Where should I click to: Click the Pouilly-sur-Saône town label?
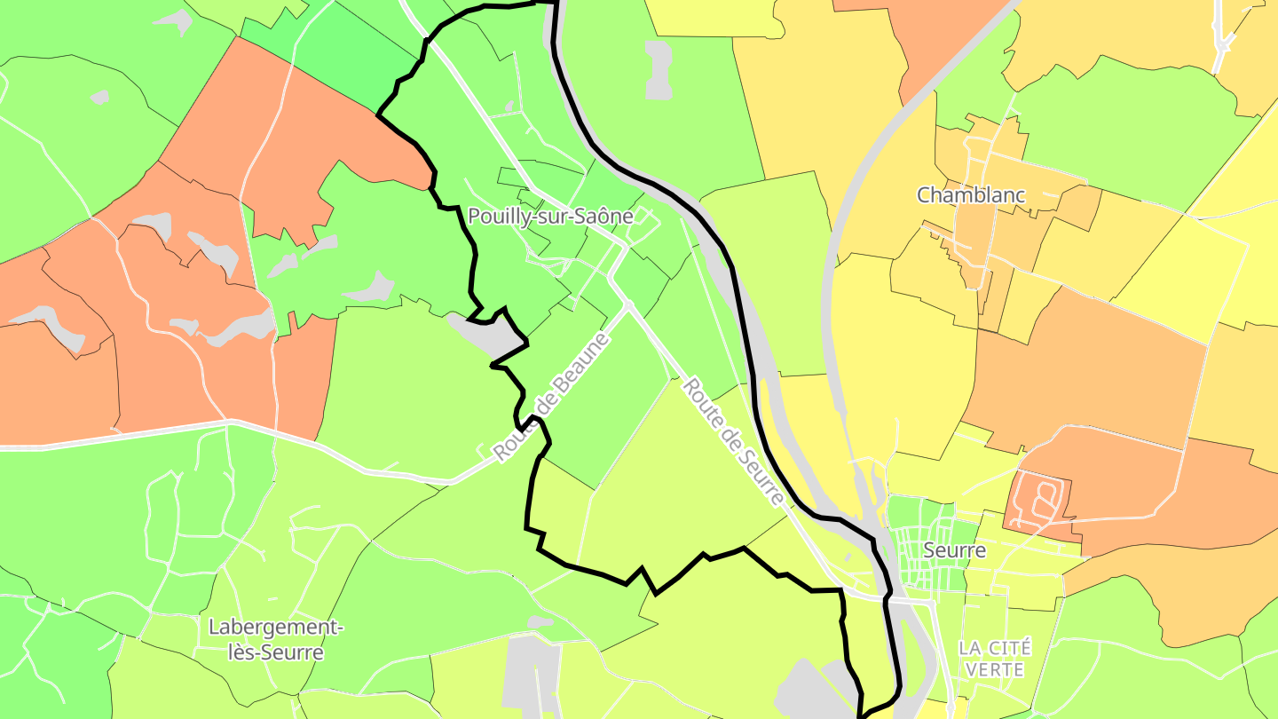click(550, 216)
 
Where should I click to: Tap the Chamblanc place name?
click(971, 195)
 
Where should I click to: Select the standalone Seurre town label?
click(954, 550)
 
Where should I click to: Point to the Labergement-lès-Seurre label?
click(275, 640)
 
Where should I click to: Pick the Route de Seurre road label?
click(734, 442)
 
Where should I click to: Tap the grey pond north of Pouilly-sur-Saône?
click(659, 69)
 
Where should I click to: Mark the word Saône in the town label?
click(608, 216)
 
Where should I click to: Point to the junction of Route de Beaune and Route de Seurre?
click(628, 305)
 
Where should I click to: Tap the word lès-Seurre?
click(275, 653)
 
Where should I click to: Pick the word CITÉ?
click(1009, 648)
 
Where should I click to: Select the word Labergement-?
click(275, 628)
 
